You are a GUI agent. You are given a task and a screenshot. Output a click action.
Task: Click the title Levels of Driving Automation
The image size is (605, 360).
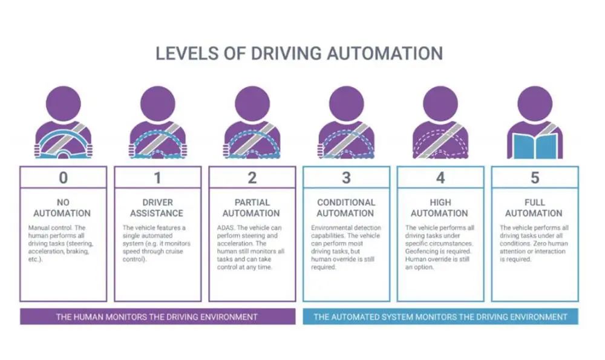pos(299,53)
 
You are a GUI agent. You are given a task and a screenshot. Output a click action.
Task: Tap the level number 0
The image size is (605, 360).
pos(63,177)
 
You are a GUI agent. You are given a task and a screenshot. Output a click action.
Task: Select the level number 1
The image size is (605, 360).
pos(157,177)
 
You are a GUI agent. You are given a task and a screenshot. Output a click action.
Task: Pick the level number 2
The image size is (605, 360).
pos(252,177)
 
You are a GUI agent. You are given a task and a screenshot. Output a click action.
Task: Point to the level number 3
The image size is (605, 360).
pos(346,177)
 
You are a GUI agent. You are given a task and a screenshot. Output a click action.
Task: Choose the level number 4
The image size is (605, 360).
pos(440,177)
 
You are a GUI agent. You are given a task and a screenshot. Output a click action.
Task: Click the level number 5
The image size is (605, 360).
pos(535,177)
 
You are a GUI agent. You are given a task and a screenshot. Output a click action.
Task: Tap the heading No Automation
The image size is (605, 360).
pos(63,208)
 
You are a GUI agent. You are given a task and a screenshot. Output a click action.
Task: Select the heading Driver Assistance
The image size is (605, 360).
pos(157,208)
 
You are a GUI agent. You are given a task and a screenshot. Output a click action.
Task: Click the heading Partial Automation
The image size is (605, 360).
pos(252,208)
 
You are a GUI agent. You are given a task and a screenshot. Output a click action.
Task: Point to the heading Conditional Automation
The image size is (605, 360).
pos(346,208)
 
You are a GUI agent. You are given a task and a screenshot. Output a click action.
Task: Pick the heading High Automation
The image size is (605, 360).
pos(440,208)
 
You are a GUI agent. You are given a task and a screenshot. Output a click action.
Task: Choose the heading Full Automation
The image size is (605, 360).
pos(535,208)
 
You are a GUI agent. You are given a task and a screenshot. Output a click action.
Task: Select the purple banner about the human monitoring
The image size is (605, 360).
pos(157,316)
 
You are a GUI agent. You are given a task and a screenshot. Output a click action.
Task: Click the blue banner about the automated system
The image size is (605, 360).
pos(440,316)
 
